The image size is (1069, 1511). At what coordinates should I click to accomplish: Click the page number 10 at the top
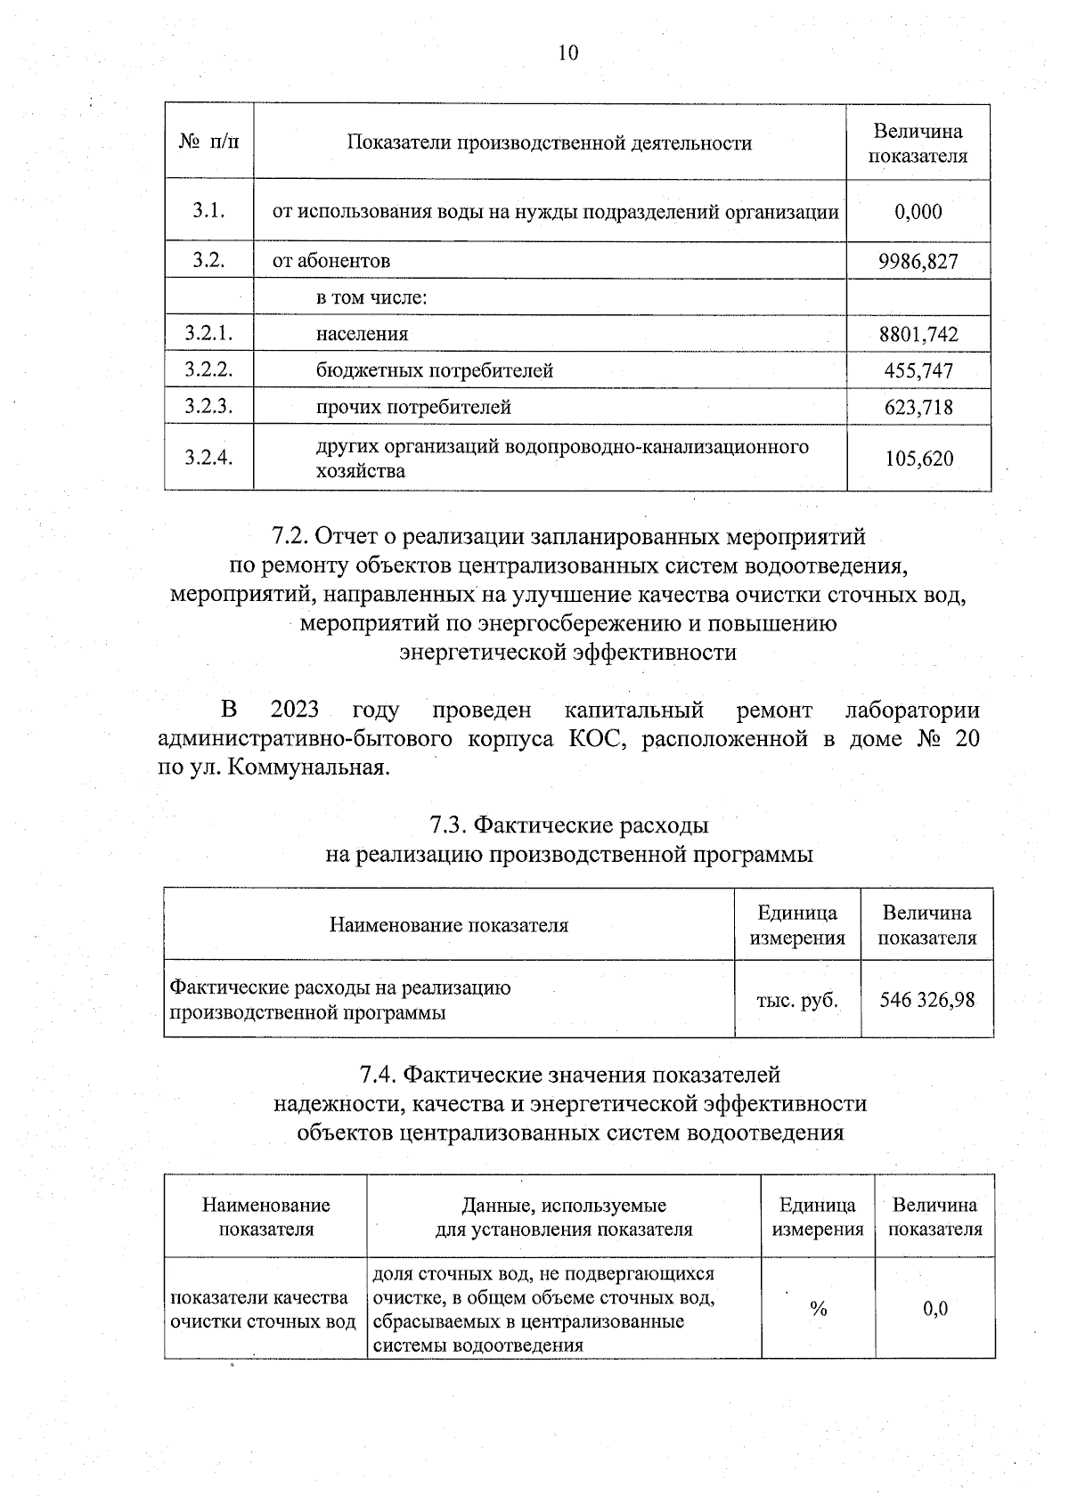[567, 53]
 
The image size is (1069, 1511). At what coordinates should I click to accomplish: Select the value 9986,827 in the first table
[918, 261]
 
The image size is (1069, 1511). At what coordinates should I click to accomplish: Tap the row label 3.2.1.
[208, 334]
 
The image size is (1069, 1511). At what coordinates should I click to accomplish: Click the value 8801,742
[918, 335]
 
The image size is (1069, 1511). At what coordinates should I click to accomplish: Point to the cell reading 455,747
[918, 371]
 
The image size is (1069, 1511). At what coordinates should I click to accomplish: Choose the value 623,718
[918, 408]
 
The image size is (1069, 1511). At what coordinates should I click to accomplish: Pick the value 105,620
[918, 459]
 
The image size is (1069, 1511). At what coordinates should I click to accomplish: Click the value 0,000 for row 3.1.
[918, 212]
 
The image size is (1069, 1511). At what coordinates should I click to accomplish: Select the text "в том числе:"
[371, 297]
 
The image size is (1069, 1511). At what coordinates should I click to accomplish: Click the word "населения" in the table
[362, 334]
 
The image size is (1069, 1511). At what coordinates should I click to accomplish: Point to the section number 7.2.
[290, 537]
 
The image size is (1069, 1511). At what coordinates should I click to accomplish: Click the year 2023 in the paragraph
[294, 710]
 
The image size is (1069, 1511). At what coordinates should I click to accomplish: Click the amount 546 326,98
[926, 999]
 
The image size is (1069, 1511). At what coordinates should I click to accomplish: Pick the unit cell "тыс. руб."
[797, 999]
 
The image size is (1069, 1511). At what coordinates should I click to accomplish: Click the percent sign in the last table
[818, 1309]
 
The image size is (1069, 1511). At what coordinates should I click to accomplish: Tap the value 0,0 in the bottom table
[935, 1309]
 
